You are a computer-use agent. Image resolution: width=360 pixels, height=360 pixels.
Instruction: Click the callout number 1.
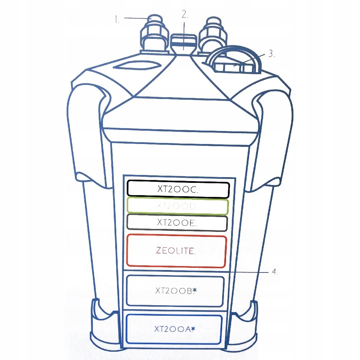coord(117,19)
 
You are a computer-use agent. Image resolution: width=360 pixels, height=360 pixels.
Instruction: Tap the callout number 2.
coord(185,15)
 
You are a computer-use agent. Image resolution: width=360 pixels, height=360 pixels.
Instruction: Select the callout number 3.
coord(272,54)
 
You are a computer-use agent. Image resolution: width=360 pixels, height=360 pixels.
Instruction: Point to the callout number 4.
coord(275,272)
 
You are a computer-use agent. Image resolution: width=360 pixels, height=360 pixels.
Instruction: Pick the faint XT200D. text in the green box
coord(178,207)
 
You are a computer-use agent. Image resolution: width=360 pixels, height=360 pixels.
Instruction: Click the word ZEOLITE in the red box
coord(176,251)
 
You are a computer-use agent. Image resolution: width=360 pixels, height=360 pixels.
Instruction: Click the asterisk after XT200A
coord(193,328)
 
